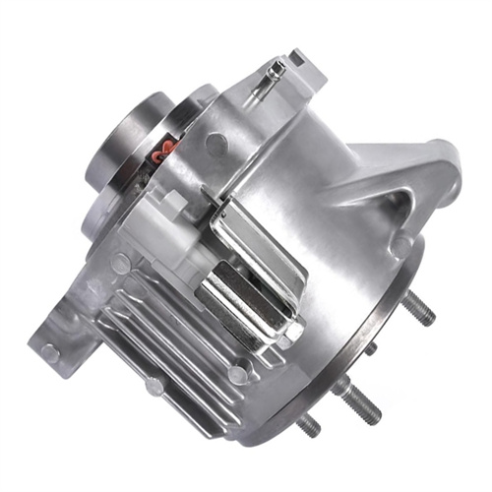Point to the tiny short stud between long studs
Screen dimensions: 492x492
371,349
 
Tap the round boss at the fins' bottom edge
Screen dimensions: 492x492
237,374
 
